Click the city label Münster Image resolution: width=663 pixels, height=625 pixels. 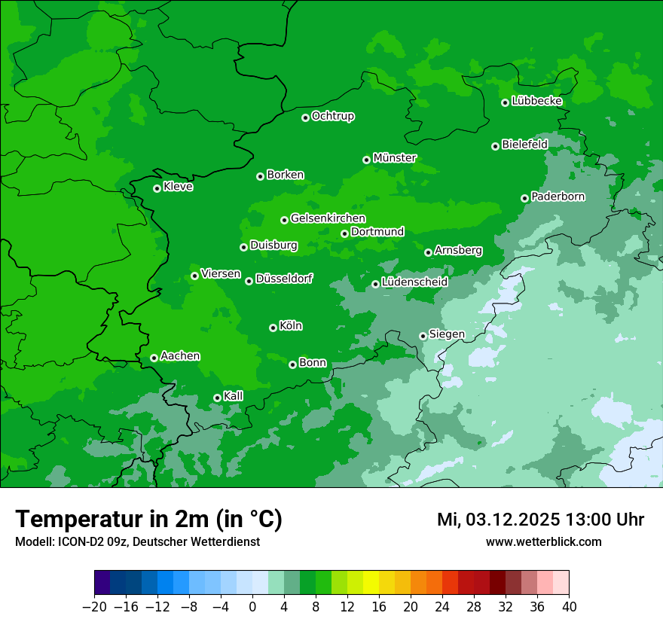[x=395, y=158]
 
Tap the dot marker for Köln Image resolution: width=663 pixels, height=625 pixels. [x=273, y=328]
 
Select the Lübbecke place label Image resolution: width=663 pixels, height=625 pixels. [x=537, y=101]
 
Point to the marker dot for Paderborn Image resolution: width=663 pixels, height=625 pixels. [x=525, y=198]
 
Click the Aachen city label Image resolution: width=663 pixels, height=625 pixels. [x=180, y=356]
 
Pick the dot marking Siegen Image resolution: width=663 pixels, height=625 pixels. [x=423, y=336]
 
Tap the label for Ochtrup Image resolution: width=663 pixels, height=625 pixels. [x=333, y=116]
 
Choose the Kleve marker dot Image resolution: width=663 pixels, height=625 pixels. [x=157, y=188]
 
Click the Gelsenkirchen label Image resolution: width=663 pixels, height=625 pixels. [x=328, y=218]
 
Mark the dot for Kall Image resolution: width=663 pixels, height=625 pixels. [x=217, y=398]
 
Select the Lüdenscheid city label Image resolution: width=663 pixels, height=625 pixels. [x=414, y=282]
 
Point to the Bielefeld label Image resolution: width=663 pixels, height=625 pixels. [x=524, y=144]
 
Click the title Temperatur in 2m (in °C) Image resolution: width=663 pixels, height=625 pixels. [x=148, y=520]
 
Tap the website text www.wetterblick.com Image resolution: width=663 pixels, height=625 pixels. [x=543, y=541]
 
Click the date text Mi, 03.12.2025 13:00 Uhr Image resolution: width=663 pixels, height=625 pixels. [x=540, y=520]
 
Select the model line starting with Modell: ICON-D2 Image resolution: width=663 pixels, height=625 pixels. [x=137, y=541]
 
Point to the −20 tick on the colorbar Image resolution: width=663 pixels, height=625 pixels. [x=94, y=607]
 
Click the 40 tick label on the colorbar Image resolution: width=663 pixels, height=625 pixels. [x=569, y=607]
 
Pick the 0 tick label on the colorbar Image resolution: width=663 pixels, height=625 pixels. [x=252, y=607]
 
